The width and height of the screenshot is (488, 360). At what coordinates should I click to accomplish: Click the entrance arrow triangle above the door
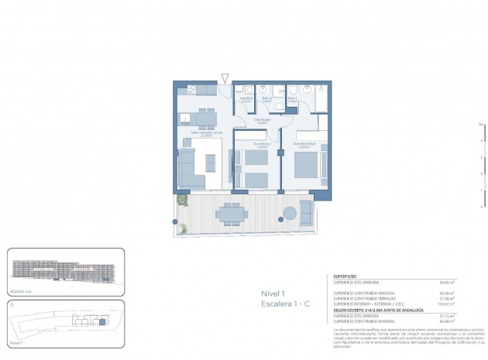225,77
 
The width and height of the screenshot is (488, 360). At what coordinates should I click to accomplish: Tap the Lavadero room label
246,99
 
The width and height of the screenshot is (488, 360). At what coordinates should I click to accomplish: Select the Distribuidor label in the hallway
262,121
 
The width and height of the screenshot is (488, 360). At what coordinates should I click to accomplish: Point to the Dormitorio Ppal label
304,144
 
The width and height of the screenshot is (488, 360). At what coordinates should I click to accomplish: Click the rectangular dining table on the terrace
230,214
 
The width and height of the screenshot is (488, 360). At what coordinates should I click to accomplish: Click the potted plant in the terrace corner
183,200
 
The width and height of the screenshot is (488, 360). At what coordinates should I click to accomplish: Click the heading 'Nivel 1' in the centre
274,293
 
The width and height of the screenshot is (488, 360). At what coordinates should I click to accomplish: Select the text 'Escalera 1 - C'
285,305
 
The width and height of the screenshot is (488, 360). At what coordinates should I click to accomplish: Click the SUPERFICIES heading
346,276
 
